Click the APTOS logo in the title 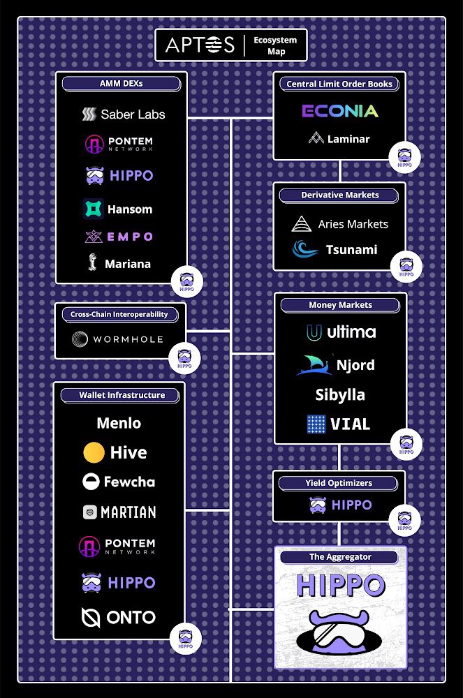click(200, 45)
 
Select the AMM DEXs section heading click(122, 84)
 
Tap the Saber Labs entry click(124, 114)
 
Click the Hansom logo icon click(93, 209)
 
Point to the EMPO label click(130, 237)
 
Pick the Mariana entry click(119, 264)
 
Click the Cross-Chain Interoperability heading click(119, 315)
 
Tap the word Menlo click(119, 423)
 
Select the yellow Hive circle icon click(94, 452)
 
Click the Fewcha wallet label click(129, 482)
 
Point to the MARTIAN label click(128, 512)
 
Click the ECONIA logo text click(340, 111)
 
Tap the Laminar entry click(339, 138)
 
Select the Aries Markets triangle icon click(302, 224)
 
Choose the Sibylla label click(340, 394)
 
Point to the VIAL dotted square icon click(316, 424)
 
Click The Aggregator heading click(340, 557)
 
